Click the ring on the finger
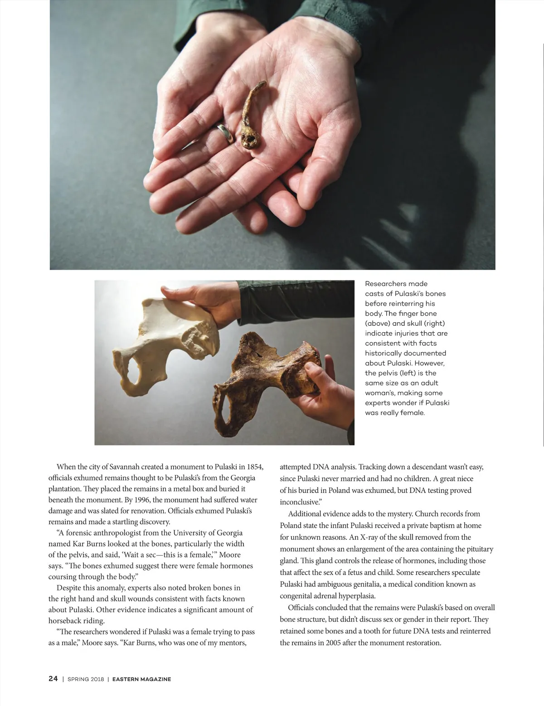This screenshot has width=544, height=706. (225, 133)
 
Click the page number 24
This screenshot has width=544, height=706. (53, 678)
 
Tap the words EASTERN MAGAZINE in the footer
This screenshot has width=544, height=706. (141, 679)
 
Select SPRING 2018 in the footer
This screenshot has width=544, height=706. (86, 679)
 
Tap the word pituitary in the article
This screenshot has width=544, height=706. (478, 549)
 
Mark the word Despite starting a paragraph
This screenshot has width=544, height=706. (68, 588)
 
